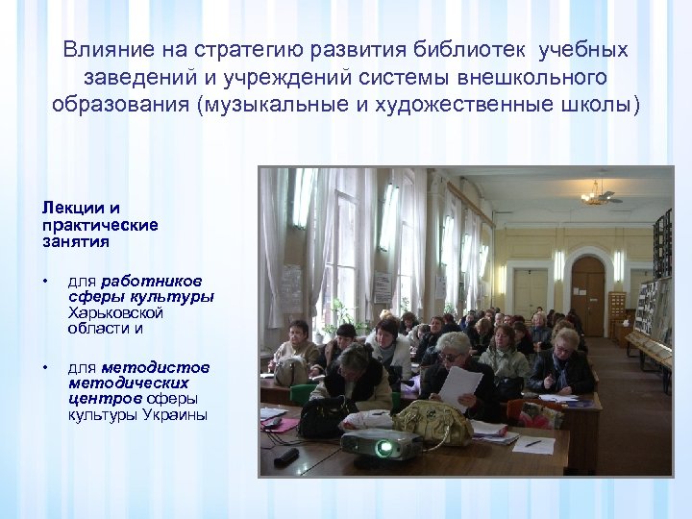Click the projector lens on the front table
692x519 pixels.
pos(385,448)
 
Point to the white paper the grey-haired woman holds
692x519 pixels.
pos(460,386)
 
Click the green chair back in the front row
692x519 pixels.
pos(303,395)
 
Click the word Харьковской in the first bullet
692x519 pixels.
pos(115,313)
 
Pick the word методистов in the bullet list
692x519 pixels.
pos(154,367)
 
